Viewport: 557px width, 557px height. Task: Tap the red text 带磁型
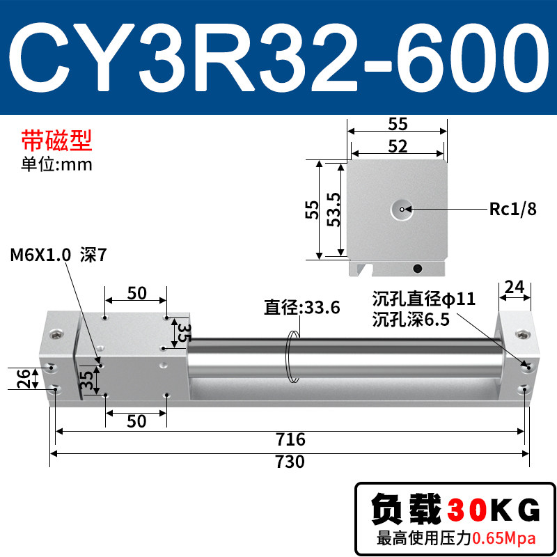pyautogui.click(x=57, y=141)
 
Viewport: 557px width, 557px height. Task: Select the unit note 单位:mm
pyautogui.click(x=57, y=164)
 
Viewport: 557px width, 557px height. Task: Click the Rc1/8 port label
pyautogui.click(x=512, y=209)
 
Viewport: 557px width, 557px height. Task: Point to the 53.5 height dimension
pyautogui.click(x=334, y=210)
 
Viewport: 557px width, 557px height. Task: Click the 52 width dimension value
pyautogui.click(x=398, y=146)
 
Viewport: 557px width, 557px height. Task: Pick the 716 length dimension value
pyautogui.click(x=290, y=439)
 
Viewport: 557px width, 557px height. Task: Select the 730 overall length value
pyautogui.click(x=290, y=462)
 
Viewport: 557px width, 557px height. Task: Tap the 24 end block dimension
pyautogui.click(x=515, y=287)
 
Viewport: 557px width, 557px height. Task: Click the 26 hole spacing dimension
pyautogui.click(x=24, y=378)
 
